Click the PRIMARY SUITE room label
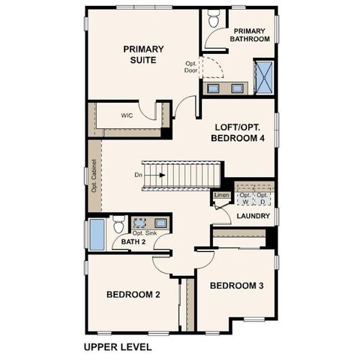139,54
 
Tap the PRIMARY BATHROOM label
250,34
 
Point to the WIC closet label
127,115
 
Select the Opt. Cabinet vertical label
94,175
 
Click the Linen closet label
221,196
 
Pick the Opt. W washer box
245,197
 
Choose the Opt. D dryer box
262,197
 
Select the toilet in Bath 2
119,223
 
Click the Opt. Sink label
145,233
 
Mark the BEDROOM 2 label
133,295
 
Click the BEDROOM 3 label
236,286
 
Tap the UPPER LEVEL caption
118,346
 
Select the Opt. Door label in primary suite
191,67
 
